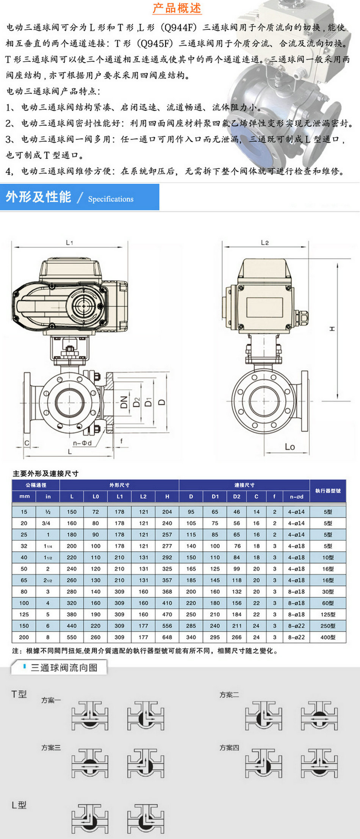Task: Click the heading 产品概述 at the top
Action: pyautogui.click(x=177, y=8)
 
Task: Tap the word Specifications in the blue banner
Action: pyautogui.click(x=111, y=199)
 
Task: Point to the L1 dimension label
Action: pyautogui.click(x=69, y=243)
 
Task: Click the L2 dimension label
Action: pyautogui.click(x=265, y=243)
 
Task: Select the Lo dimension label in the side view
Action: pyautogui.click(x=290, y=447)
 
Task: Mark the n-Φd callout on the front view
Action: pyautogui.click(x=82, y=443)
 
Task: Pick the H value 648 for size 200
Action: pyautogui.click(x=167, y=637)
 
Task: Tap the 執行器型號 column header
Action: pyautogui.click(x=328, y=490)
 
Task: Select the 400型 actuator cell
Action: pyautogui.click(x=328, y=637)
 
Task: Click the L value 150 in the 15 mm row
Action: pyautogui.click(x=72, y=512)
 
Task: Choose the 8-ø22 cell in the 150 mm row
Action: pyautogui.click(x=296, y=626)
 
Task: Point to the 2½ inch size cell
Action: pyautogui.click(x=48, y=580)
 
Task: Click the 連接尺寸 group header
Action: pyautogui.click(x=244, y=485)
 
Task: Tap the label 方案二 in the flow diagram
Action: pyautogui.click(x=229, y=695)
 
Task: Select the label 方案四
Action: pyautogui.click(x=229, y=747)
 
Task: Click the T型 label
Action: pyautogui.click(x=19, y=694)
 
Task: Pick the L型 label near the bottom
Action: pyautogui.click(x=19, y=805)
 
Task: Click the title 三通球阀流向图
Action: pyautogui.click(x=64, y=667)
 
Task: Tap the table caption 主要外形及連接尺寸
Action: pyautogui.click(x=45, y=473)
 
